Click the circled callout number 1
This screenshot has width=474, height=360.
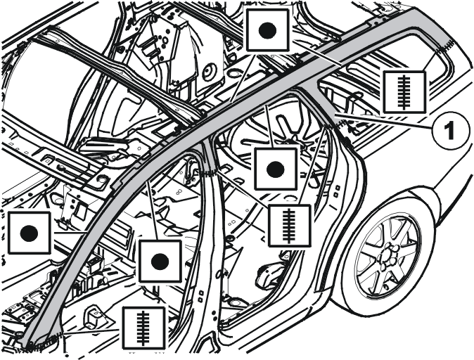pos(451,130)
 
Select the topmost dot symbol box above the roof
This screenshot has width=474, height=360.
pos(267,30)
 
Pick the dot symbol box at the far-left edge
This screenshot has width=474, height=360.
pos(29,233)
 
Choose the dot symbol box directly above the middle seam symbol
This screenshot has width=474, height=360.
pos(276,169)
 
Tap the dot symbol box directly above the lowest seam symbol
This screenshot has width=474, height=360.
pos(160,261)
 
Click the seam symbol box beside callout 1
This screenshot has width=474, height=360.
pos(404,92)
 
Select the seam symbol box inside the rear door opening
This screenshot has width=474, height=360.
pos(289,225)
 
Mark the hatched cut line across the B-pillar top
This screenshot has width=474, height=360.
pos(208,173)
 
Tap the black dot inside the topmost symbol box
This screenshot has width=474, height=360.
pos(267,30)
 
